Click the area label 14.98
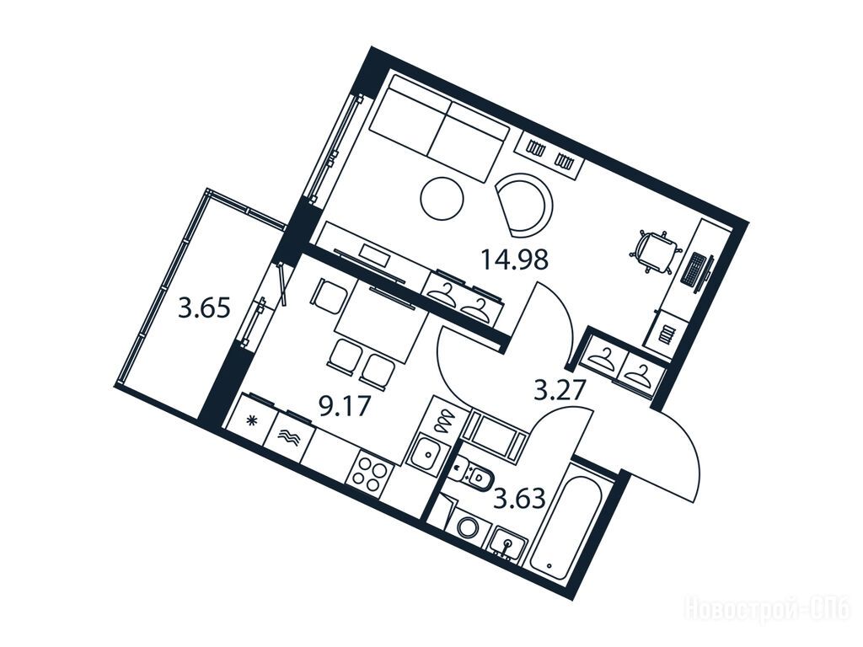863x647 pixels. [515, 259]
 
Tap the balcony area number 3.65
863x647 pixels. [204, 308]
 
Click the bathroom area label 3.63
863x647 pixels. [519, 500]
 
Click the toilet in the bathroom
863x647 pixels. [474, 474]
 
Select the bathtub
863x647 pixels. [569, 523]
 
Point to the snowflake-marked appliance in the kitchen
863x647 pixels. [253, 421]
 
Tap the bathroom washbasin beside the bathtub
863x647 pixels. [507, 546]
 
